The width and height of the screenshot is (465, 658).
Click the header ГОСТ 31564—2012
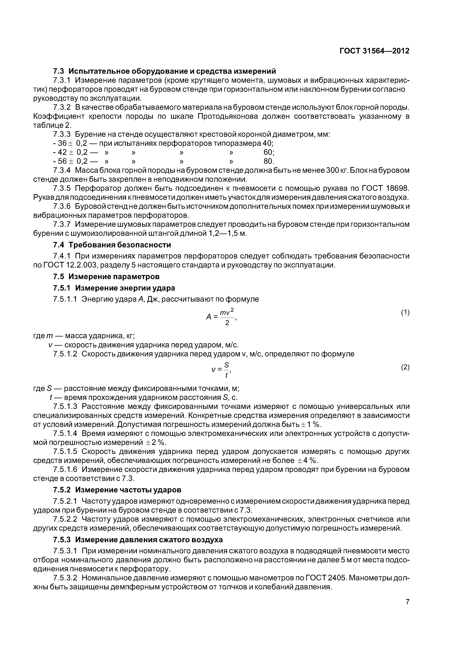point(374,51)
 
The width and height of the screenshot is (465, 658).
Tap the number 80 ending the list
point(269,161)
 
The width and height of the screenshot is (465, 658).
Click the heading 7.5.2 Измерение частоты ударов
point(117,490)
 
